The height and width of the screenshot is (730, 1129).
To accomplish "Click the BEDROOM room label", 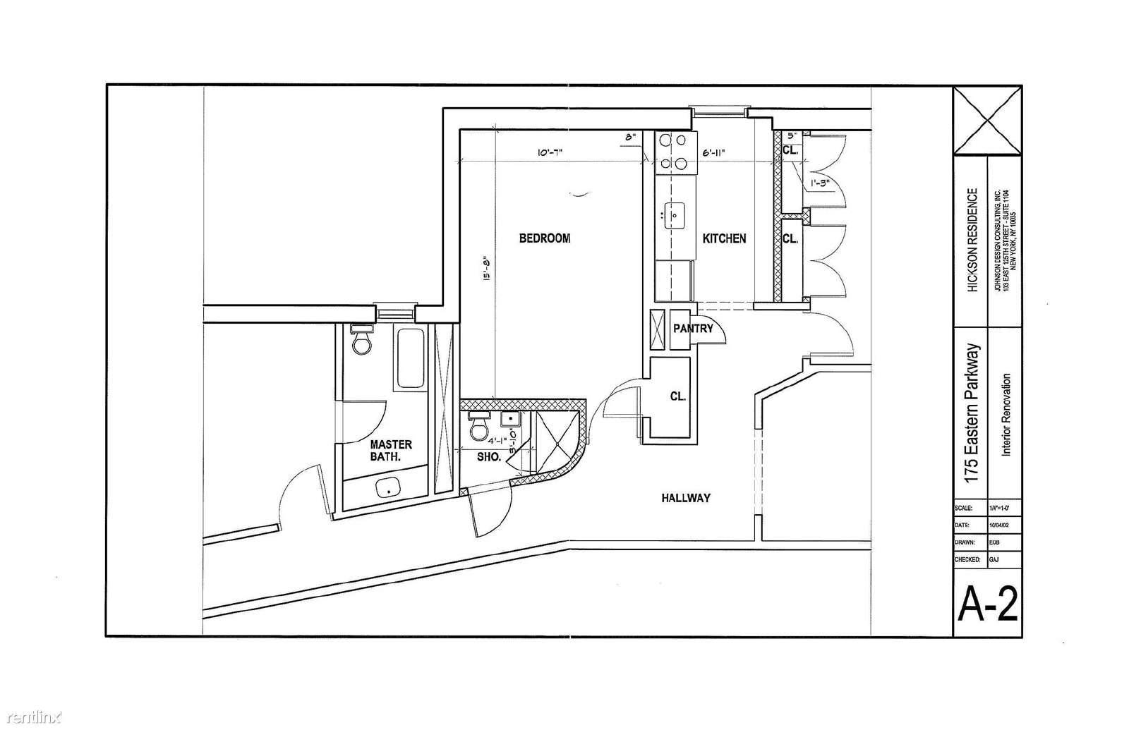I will point(545,238).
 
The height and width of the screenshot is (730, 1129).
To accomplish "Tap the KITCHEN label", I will point(724,238).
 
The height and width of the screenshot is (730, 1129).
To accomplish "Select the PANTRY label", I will point(693,329).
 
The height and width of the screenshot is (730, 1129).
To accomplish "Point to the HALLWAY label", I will point(685,498).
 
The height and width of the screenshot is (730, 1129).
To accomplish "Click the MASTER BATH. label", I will point(391,451).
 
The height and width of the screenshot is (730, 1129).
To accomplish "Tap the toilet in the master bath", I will point(363,341).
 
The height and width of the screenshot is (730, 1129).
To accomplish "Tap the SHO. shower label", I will point(489,457).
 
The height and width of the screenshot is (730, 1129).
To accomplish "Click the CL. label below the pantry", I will point(678,396).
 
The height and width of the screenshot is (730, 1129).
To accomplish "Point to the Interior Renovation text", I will point(1006,415).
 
